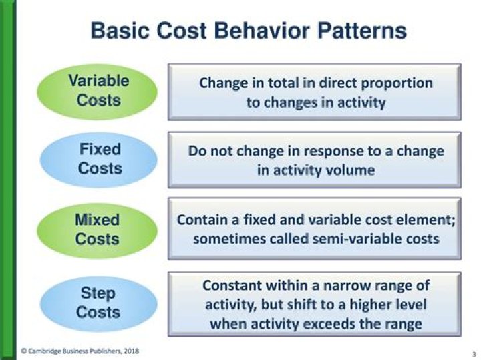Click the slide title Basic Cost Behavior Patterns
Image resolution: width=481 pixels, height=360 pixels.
coord(248,31)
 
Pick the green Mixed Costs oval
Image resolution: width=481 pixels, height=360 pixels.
coord(98,229)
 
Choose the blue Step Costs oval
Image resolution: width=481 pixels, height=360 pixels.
coord(98,303)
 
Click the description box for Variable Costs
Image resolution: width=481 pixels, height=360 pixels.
coord(314,92)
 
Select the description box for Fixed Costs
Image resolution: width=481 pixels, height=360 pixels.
coord(314,160)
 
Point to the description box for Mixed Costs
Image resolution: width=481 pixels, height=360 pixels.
coord(314,229)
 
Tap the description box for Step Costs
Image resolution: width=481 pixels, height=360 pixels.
coord(314,303)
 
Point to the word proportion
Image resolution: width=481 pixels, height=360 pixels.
coord(399,83)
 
